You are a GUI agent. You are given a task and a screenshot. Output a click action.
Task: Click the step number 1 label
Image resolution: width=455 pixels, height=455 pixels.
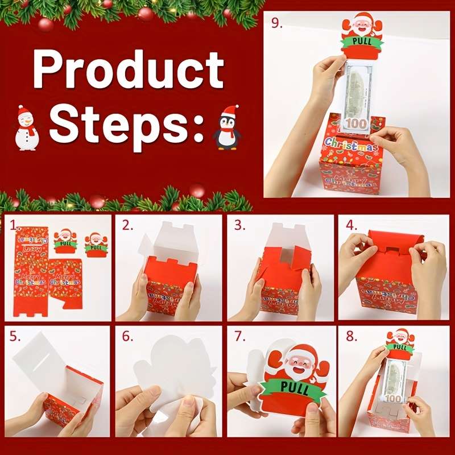pyautogui.click(x=14, y=225)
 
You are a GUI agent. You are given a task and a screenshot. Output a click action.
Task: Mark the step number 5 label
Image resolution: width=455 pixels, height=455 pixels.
pyautogui.click(x=15, y=337)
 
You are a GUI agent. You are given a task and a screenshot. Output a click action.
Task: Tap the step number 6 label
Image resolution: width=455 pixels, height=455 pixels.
pyautogui.click(x=127, y=337)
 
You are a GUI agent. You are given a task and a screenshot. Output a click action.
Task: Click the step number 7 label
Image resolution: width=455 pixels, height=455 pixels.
pyautogui.click(x=239, y=337)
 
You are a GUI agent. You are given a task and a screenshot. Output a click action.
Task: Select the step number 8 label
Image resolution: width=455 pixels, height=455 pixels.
pyautogui.click(x=351, y=337)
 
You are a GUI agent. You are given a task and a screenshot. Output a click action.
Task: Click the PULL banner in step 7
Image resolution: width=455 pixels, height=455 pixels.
pyautogui.click(x=294, y=390)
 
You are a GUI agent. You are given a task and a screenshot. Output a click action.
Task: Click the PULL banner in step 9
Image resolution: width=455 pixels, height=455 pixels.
pyautogui.click(x=362, y=42)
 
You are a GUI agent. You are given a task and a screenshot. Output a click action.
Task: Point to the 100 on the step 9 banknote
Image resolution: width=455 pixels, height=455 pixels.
pyautogui.click(x=355, y=123)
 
